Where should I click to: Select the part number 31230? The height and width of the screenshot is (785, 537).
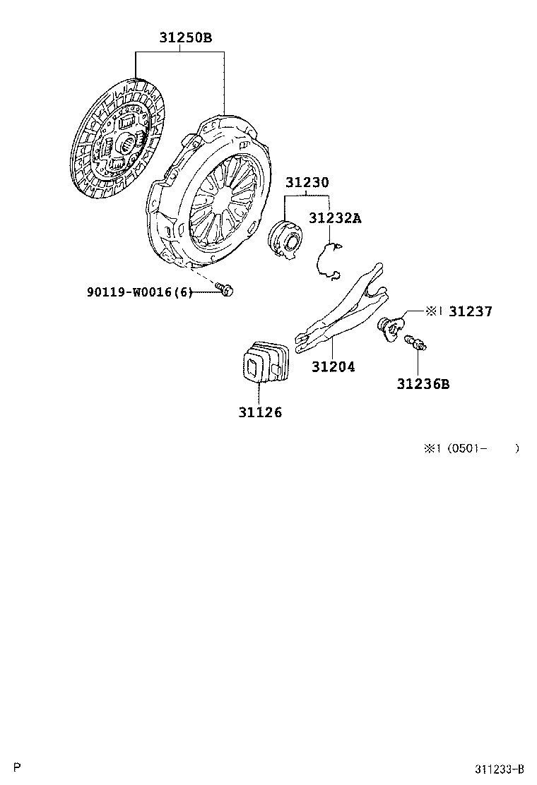click(x=307, y=182)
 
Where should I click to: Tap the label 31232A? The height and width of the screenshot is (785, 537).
click(x=334, y=219)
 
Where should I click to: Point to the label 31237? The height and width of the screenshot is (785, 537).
click(x=470, y=311)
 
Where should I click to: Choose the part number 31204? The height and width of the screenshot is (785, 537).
click(x=334, y=367)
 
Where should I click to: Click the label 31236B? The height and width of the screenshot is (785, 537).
click(x=423, y=384)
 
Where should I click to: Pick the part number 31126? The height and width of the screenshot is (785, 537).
click(x=260, y=412)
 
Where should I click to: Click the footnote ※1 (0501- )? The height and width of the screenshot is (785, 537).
click(x=471, y=448)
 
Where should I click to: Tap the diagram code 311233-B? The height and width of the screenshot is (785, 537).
click(x=499, y=769)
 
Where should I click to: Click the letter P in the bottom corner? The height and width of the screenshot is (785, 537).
click(x=18, y=767)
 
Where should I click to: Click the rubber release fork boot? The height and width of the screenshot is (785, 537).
click(x=264, y=364)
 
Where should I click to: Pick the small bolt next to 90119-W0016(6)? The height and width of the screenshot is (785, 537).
click(x=225, y=289)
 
